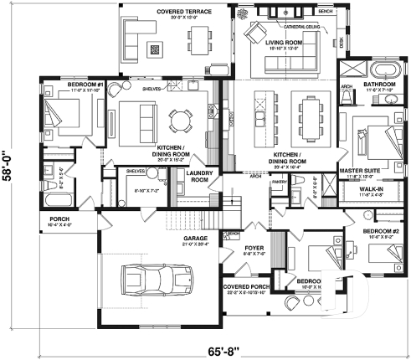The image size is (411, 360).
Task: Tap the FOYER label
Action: (254, 249)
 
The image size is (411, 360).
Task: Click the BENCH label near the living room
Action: (326, 13)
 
